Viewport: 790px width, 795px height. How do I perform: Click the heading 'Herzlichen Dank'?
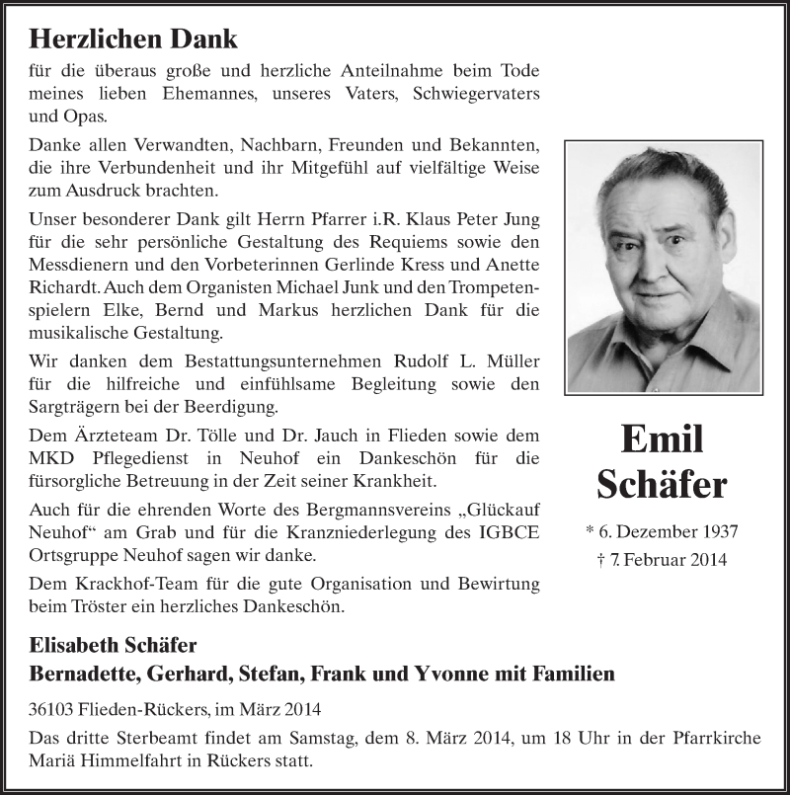(x=133, y=40)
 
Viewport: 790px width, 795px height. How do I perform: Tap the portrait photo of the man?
(x=663, y=267)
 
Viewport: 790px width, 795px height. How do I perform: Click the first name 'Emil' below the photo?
(x=662, y=438)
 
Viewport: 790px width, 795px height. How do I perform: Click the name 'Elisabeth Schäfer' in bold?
(x=114, y=645)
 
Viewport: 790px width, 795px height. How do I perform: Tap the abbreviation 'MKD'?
(x=49, y=458)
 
